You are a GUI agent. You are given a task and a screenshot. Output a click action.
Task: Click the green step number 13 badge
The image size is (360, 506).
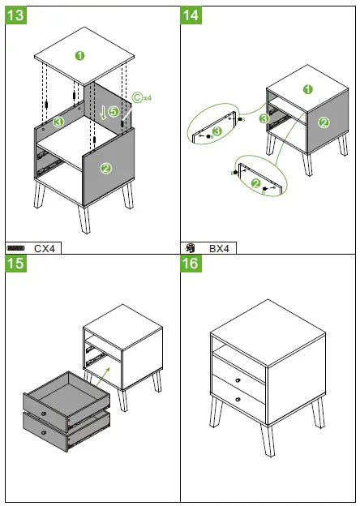[x=17, y=15]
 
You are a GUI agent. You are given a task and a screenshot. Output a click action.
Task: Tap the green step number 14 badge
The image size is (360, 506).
[x=191, y=15]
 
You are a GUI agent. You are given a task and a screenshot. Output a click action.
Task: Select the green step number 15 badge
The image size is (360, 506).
[x=17, y=264]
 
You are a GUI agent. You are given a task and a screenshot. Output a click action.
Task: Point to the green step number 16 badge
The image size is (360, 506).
[x=191, y=264]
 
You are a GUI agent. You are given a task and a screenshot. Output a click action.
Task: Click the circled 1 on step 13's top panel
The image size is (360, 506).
[x=79, y=55]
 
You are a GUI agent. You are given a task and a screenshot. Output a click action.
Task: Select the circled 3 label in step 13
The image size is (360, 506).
[x=58, y=122]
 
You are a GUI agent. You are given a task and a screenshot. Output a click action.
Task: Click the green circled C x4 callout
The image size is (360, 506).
[x=140, y=98]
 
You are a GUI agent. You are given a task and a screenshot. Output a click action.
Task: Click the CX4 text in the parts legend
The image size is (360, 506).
[x=46, y=247]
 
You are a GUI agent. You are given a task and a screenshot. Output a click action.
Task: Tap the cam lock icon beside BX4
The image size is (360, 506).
[x=189, y=247]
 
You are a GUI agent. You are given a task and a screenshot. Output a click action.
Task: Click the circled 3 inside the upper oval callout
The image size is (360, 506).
[x=216, y=131]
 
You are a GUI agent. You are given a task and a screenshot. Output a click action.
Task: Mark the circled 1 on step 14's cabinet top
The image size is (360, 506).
[x=307, y=89]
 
